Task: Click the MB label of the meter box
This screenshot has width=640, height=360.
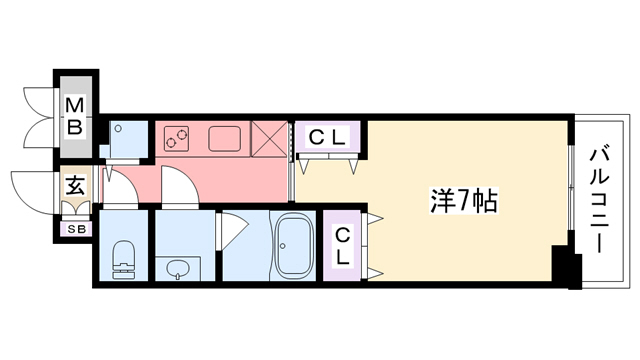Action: pos(75,114)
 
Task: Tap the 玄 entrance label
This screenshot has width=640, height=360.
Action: pos(75,186)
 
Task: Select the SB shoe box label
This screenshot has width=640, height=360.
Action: pos(75,230)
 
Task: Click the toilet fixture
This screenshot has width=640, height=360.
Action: pos(125,258)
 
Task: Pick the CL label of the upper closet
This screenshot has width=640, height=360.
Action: pos(327,137)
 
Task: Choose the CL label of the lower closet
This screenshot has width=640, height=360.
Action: pos(342,245)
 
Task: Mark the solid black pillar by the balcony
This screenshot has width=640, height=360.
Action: pos(568,270)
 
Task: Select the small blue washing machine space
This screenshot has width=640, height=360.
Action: pos(126,140)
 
